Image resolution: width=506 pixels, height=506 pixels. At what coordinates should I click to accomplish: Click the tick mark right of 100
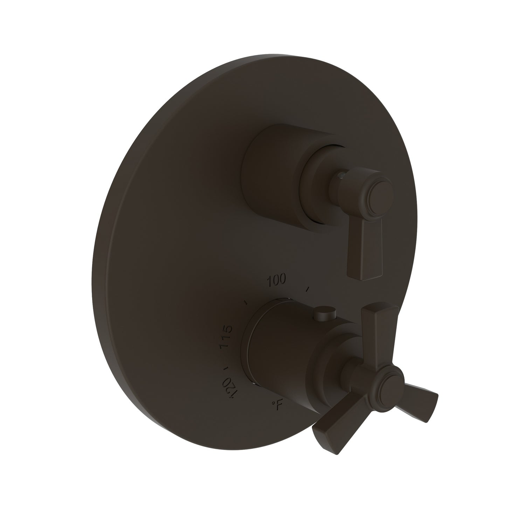point(308,289)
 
